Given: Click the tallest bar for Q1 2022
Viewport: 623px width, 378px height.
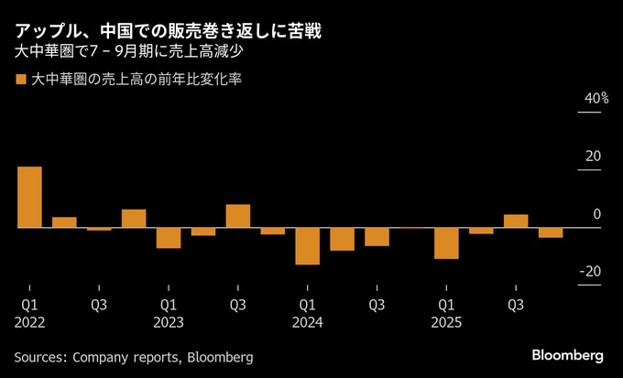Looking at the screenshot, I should (x=29, y=197).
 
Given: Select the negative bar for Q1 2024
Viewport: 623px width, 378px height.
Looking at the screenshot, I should (x=308, y=245).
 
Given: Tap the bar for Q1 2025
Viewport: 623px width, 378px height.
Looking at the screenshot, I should (x=446, y=243).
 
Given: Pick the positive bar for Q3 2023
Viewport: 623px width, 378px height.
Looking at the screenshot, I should (x=238, y=216).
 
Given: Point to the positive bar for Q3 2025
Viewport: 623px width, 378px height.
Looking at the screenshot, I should (x=516, y=221).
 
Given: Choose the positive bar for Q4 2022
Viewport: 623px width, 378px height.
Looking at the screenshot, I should (x=134, y=218).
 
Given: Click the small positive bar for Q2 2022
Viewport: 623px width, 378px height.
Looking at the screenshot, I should (x=64, y=221).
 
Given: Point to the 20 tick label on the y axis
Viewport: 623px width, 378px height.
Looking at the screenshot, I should (x=594, y=156).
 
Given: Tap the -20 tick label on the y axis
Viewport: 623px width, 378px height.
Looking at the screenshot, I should (x=591, y=271).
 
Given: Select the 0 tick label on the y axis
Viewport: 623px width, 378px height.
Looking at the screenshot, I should (x=597, y=213).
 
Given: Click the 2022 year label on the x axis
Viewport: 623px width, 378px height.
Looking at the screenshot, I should (x=29, y=322).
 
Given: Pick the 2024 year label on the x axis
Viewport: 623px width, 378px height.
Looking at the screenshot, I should (x=308, y=322).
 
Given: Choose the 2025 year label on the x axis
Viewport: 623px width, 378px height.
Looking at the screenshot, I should (x=446, y=322).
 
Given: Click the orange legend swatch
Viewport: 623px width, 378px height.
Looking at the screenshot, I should (x=20, y=80).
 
